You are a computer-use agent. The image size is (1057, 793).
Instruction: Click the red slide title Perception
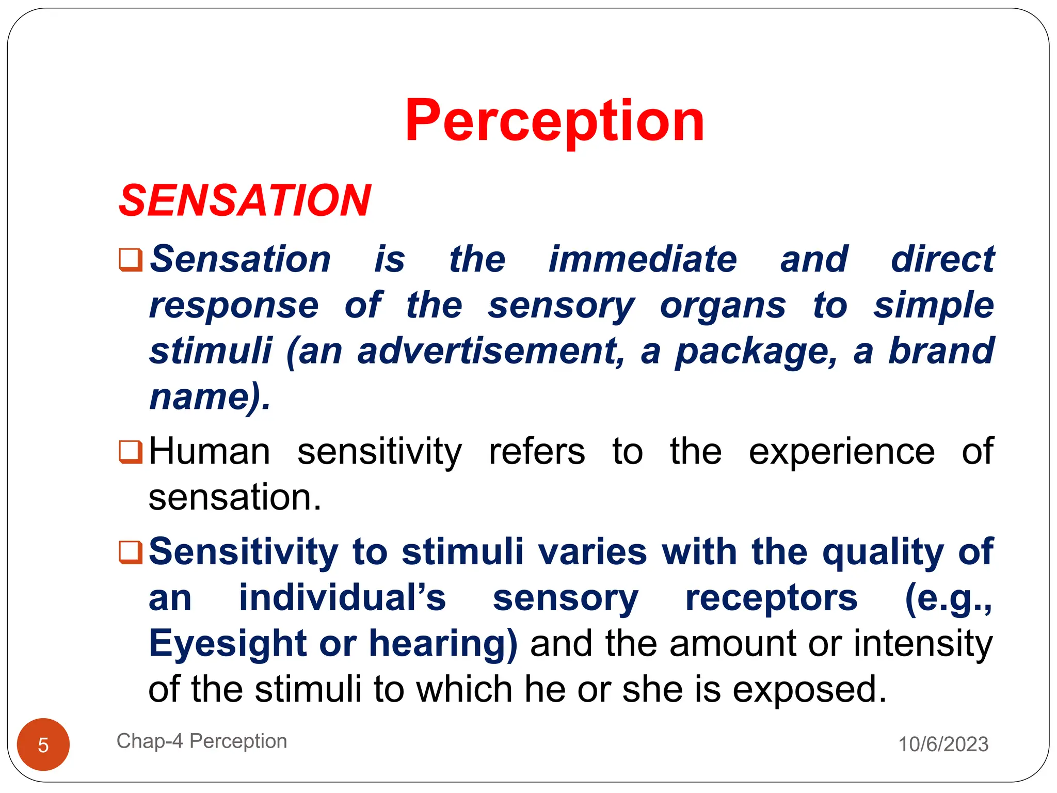[554, 121]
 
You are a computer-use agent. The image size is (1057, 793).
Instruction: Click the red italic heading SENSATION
[245, 200]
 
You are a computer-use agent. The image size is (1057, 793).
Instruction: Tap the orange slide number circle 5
[43, 744]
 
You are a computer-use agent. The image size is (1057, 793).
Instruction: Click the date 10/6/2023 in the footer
[943, 744]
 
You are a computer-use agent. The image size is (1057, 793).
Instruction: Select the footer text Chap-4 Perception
[202, 741]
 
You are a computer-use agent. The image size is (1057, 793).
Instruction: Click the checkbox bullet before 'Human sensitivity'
[131, 452]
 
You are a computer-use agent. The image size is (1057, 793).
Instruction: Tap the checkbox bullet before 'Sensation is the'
[131, 259]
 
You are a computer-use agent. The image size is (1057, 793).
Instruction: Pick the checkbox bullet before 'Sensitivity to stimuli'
[131, 552]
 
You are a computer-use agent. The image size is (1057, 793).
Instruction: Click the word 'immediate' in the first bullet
[643, 259]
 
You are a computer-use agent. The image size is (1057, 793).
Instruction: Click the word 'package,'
[756, 352]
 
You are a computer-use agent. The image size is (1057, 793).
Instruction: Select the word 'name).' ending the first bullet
[210, 397]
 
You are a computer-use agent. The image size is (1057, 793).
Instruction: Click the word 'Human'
[210, 452]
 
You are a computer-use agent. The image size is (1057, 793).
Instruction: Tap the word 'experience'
[841, 452]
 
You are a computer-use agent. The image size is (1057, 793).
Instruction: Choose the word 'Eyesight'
[228, 644]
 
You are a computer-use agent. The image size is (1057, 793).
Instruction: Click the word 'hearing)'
[443, 644]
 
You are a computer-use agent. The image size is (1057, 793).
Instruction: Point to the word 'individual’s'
[342, 598]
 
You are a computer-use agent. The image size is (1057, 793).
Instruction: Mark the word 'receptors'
[771, 598]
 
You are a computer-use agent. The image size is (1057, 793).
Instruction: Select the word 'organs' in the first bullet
[723, 306]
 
